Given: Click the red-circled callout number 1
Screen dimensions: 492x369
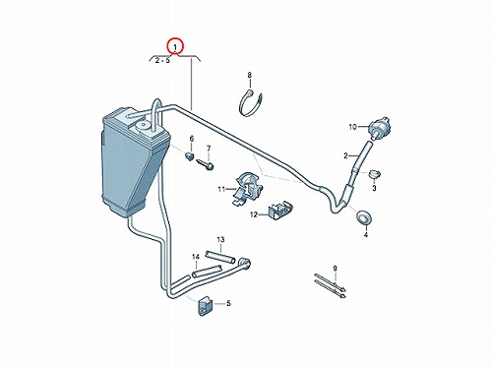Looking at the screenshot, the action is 175,47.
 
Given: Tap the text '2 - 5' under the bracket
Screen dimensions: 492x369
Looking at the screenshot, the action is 162,61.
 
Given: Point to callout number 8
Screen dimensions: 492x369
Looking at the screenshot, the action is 250,75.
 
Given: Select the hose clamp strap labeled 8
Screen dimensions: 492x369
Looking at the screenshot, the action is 251,103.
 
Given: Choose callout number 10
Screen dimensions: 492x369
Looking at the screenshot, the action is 352,127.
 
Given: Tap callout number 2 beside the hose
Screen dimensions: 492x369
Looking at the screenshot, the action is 345,155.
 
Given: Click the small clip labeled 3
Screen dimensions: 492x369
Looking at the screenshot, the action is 374,174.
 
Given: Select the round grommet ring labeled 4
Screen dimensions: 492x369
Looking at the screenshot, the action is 364,217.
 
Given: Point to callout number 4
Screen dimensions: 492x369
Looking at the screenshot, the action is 366,234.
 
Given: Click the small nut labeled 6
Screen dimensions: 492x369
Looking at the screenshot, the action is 190,155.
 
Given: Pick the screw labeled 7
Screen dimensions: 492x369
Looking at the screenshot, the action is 205,164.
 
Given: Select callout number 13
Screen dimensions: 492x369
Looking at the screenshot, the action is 220,240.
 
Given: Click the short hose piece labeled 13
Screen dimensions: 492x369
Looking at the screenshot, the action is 220,257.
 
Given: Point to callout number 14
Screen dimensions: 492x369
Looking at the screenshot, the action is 196,257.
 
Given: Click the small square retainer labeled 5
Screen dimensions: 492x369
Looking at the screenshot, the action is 205,306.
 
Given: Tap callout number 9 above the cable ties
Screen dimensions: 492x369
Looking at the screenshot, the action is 335,269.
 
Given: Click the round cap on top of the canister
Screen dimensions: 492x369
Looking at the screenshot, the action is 142,125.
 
